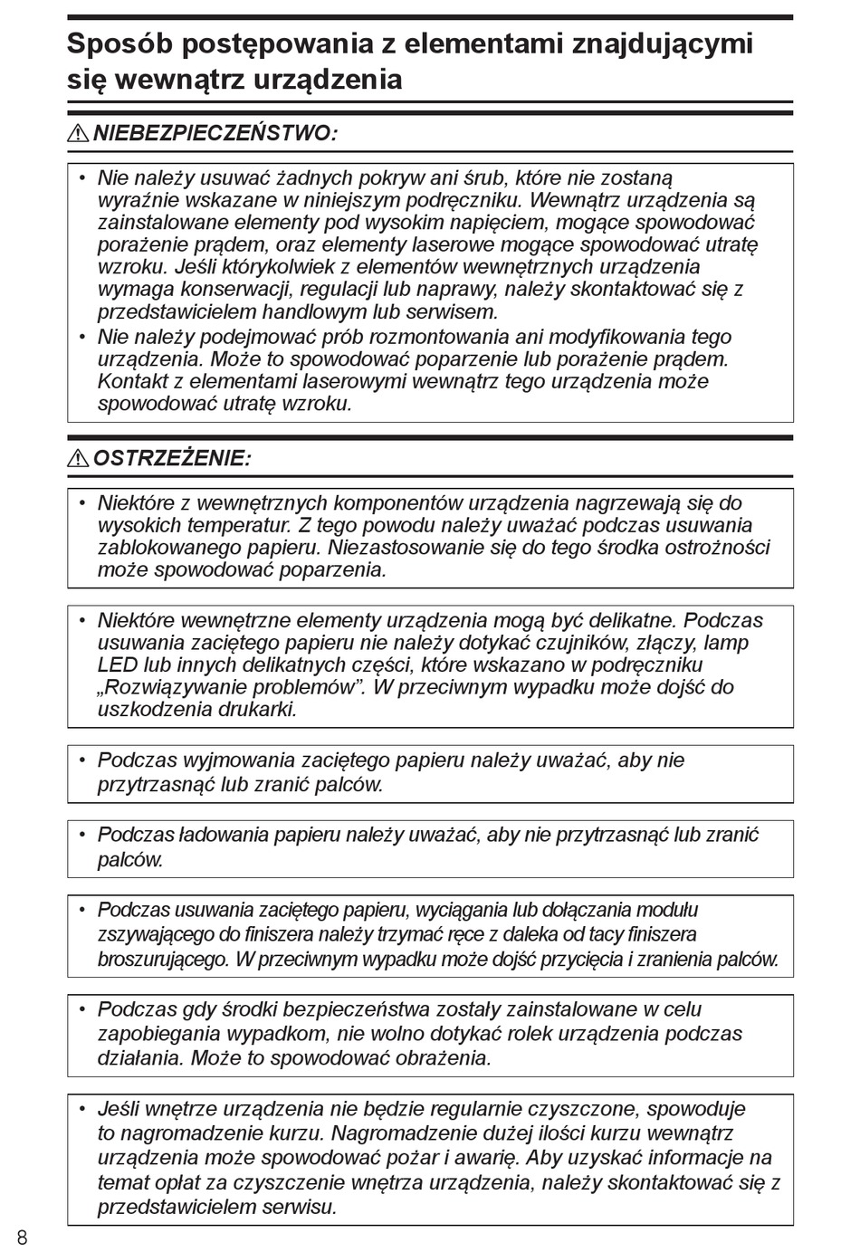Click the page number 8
tap(22, 1238)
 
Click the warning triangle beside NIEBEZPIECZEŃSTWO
tap(78, 134)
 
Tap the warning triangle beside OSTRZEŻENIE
tap(78, 459)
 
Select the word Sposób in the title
tap(114, 43)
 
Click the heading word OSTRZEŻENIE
tap(172, 459)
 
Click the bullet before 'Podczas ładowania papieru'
tap(81, 835)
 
